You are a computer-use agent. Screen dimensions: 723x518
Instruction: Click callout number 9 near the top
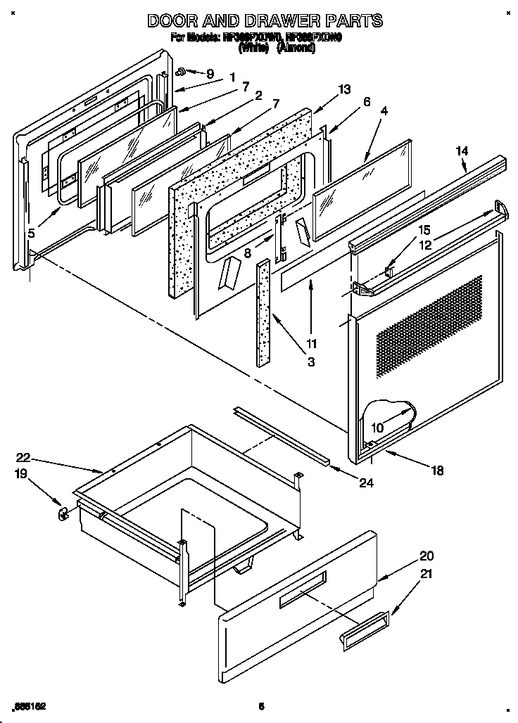point(209,73)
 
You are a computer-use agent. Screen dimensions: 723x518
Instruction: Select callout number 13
point(343,89)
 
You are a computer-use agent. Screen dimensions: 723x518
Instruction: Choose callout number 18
point(438,471)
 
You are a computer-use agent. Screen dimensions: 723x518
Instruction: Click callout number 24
point(366,482)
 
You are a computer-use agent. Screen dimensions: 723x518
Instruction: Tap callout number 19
point(23,475)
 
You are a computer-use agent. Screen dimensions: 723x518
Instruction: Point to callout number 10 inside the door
point(377,427)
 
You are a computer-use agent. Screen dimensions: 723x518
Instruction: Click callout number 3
point(311,362)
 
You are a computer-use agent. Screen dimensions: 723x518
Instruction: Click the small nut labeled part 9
point(181,71)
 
